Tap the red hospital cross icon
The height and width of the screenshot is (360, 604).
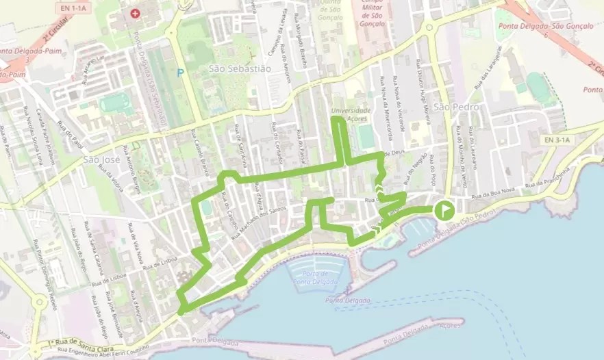click(x=135, y=13)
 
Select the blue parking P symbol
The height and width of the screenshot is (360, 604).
click(x=180, y=73)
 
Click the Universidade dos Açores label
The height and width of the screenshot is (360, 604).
click(x=350, y=114)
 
